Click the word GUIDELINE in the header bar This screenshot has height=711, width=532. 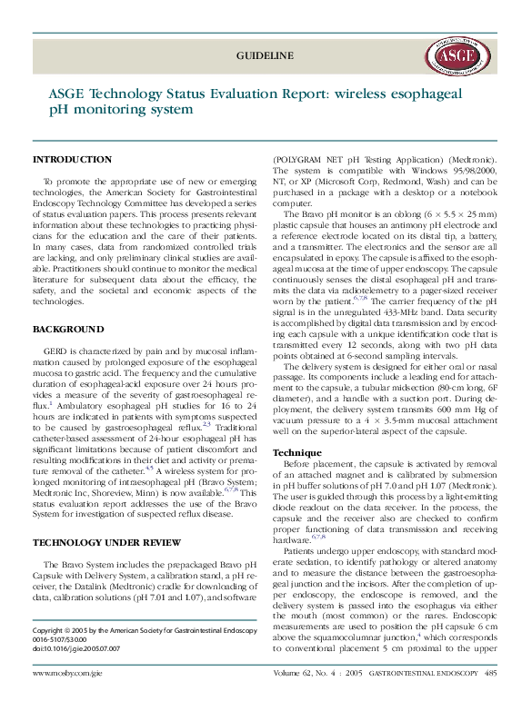pyautogui.click(x=265, y=55)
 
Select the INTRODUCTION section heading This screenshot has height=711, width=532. pyautogui.click(x=72, y=160)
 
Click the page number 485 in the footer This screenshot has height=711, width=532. pyautogui.click(x=490, y=674)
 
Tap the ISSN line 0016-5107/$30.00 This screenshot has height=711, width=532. pyautogui.click(x=69, y=639)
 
